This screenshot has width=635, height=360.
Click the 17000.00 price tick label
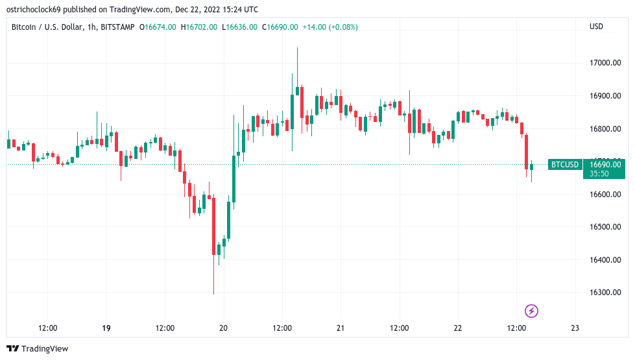606,63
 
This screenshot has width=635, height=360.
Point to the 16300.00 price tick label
606,293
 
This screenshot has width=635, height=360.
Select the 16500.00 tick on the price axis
606,227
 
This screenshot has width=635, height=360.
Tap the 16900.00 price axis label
606,96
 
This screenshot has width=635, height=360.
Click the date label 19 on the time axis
106,328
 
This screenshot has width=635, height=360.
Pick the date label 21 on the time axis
341,328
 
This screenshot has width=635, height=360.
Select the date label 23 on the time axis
575,328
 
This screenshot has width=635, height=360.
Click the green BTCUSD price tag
564,165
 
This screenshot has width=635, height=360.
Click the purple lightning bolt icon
532,311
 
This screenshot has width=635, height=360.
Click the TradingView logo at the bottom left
38,349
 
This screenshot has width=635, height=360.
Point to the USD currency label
596,27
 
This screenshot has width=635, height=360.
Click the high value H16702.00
200,27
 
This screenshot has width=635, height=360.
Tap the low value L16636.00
239,27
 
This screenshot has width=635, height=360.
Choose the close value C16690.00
280,27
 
